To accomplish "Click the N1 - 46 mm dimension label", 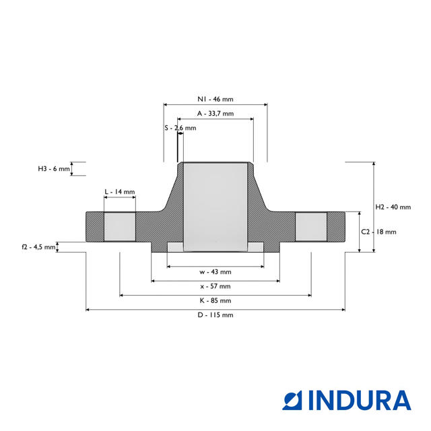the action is (x=215, y=99).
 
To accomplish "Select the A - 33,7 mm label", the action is (x=215, y=114).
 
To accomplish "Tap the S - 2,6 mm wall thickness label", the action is (x=180, y=128).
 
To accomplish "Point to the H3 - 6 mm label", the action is (x=54, y=169).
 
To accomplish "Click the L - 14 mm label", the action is (x=120, y=191).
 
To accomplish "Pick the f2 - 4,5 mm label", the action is (x=38, y=247).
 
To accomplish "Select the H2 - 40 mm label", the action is (x=393, y=207).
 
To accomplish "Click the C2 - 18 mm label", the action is (x=378, y=232).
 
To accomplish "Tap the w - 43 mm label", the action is (x=215, y=272).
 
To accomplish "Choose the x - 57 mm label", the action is (x=215, y=286).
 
